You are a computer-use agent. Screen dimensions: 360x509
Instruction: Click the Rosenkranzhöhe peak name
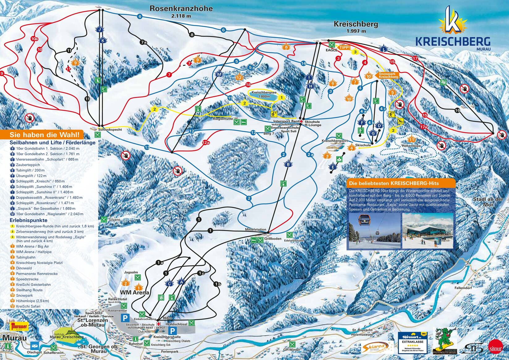pos(181,9)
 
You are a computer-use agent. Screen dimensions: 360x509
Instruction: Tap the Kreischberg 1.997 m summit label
pos(356,24)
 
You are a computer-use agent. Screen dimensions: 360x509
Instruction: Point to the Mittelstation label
pos(255,230)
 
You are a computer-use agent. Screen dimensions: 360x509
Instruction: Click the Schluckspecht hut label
pos(110,129)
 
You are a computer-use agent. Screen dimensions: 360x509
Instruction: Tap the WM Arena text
pos(134,292)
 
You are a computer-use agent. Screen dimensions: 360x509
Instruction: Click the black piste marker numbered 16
pos(457,110)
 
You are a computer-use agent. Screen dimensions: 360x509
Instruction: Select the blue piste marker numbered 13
pos(147,147)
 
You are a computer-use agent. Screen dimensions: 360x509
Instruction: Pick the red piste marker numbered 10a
pos(34,39)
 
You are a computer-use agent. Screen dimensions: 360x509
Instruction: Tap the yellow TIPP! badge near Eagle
pos(345,47)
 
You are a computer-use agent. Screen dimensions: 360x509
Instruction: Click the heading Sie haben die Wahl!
pos(46,135)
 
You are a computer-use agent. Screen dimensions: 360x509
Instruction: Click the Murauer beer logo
pos(19,326)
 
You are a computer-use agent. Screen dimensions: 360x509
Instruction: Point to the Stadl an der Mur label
pos(488,202)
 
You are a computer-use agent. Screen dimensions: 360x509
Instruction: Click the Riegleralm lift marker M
pos(219,74)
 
